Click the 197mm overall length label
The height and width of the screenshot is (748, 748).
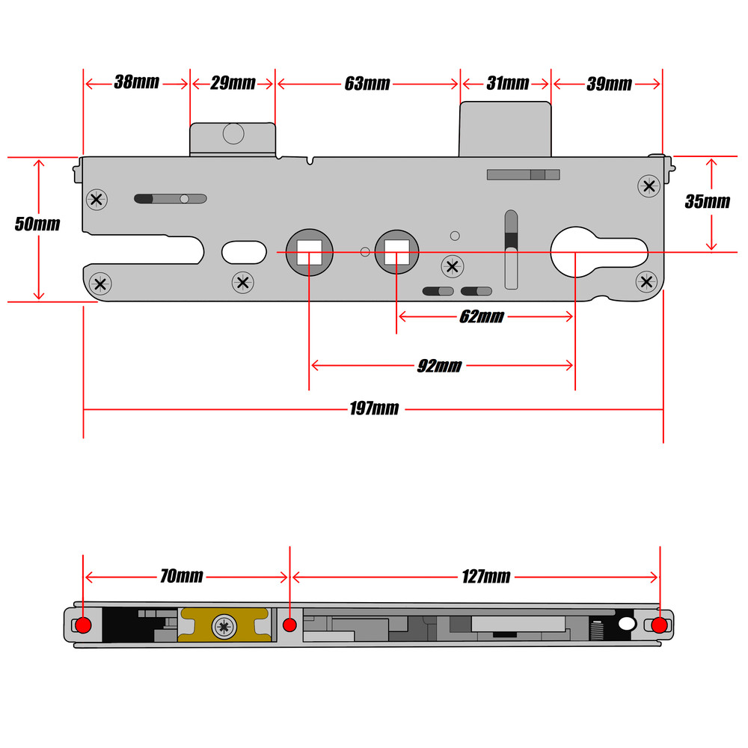click(x=374, y=409)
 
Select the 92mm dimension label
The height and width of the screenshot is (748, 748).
click(x=439, y=366)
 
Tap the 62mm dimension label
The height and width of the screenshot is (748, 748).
click(x=481, y=317)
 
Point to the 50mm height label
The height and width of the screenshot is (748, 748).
click(x=37, y=224)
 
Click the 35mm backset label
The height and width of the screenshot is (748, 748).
click(x=707, y=201)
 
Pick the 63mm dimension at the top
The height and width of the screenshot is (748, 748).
click(x=367, y=84)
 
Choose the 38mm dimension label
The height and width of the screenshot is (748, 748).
click(x=136, y=82)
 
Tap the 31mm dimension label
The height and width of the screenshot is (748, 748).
click(x=507, y=83)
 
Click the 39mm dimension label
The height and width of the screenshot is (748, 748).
click(x=609, y=84)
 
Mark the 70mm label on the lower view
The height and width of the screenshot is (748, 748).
click(x=181, y=576)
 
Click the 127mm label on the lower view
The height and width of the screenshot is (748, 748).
click(x=486, y=576)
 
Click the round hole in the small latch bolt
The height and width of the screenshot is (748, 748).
click(x=233, y=134)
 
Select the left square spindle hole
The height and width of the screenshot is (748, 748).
click(x=309, y=252)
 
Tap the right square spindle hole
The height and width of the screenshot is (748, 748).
click(x=396, y=252)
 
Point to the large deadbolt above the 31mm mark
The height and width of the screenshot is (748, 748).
click(x=505, y=129)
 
